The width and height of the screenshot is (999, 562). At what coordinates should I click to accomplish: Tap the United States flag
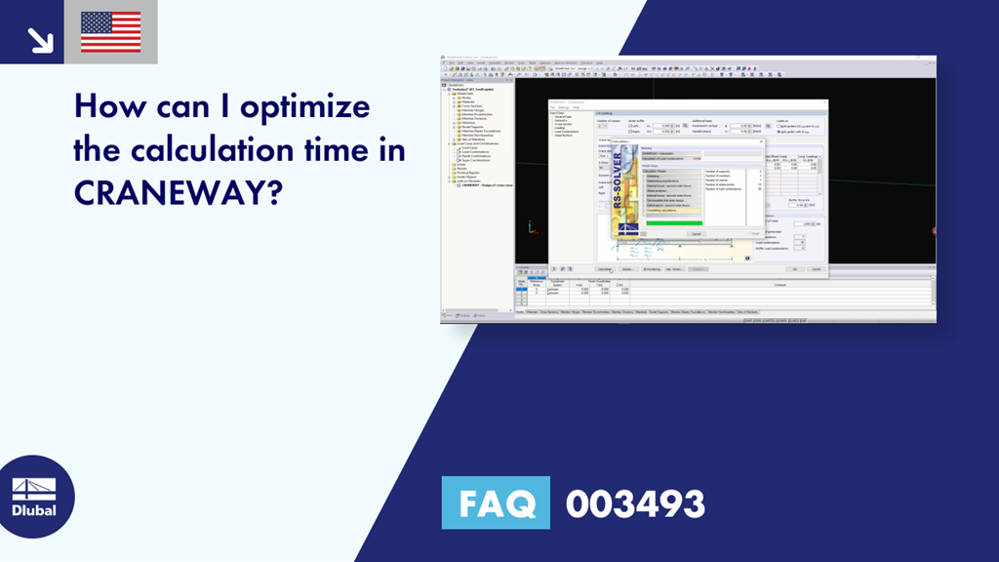[x=110, y=32]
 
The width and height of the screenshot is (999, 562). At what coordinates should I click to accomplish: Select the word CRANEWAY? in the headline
[x=178, y=194]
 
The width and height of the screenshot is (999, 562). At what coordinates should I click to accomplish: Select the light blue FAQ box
[x=495, y=504]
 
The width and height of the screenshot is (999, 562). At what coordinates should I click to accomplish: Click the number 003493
[x=635, y=504]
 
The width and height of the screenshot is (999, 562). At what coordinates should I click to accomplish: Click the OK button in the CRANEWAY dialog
[x=796, y=268]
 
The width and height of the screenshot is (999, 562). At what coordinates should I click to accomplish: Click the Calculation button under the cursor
[x=605, y=268]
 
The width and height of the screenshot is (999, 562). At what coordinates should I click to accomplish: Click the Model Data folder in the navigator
[x=466, y=93]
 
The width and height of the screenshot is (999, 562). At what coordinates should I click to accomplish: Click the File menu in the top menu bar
[x=448, y=62]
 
